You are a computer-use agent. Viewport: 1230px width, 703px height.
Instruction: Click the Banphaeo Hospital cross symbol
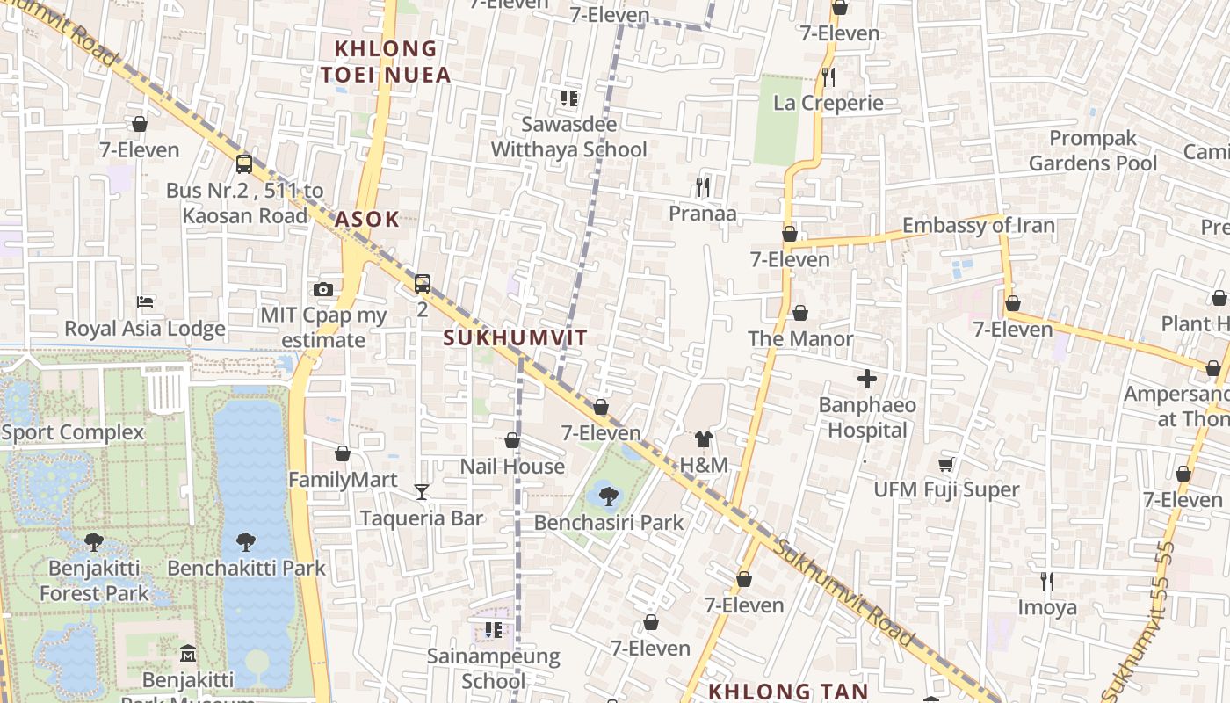coord(867,380)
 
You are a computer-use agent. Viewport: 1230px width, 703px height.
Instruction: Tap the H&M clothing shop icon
coord(703,439)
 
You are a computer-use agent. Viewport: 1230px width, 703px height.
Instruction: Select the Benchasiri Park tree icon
coord(608,496)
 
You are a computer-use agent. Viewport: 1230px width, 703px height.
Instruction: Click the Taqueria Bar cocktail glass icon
coord(422,492)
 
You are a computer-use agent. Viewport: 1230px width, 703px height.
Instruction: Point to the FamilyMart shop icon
coord(343,453)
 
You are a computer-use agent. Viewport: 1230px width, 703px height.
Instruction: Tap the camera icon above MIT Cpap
coord(323,289)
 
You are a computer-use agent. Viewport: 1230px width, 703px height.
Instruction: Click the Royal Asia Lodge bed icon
coord(145,302)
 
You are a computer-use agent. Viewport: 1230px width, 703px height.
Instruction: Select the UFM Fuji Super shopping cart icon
coord(946,464)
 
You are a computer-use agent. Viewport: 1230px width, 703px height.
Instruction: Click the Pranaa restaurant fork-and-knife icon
coord(702,186)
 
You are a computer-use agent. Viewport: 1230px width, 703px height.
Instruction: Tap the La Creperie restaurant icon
coord(828,77)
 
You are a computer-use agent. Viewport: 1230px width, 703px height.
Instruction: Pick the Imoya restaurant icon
coord(1046,581)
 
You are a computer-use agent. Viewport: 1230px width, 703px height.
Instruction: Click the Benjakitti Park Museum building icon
coord(188,653)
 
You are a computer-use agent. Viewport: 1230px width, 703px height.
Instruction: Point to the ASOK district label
coord(367,220)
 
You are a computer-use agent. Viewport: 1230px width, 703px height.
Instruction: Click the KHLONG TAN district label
coord(788,692)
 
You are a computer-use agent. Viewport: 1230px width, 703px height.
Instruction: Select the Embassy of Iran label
coord(978,226)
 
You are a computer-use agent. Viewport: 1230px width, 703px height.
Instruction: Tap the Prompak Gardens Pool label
coord(1093,151)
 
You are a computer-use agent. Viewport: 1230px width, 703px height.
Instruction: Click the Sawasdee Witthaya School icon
coord(569,98)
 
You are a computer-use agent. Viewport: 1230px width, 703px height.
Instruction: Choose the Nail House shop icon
coord(512,440)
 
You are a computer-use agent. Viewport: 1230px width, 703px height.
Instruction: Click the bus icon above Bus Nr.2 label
coord(244,163)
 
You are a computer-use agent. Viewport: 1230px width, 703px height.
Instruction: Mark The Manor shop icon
coord(800,313)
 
